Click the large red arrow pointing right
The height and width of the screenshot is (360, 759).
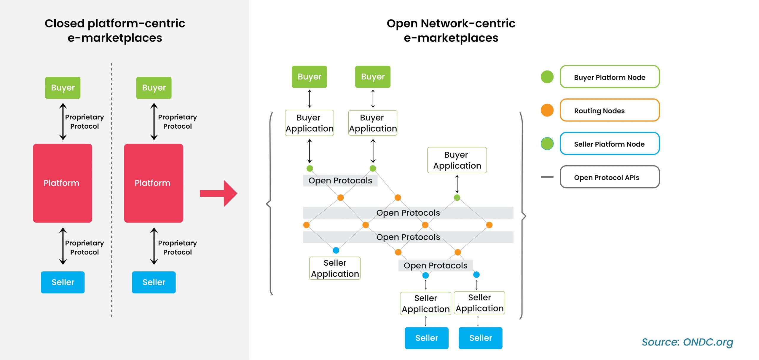(x=219, y=193)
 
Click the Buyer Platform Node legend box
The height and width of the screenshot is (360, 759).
(x=609, y=77)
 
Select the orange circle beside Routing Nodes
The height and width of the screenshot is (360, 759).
(x=547, y=110)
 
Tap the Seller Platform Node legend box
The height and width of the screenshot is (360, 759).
(x=609, y=144)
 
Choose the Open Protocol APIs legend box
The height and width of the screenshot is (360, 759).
(x=609, y=177)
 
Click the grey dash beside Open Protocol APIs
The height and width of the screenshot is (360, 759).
(x=547, y=177)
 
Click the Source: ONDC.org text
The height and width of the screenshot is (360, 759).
(x=687, y=342)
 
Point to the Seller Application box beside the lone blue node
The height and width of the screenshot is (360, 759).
(x=335, y=268)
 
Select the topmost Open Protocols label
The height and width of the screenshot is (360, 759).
(x=340, y=180)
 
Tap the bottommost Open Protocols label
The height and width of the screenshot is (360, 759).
(x=435, y=265)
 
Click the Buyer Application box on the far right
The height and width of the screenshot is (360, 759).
(x=457, y=160)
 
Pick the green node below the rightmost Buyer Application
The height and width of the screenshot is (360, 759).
(x=457, y=198)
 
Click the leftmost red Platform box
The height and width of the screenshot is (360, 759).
(x=63, y=183)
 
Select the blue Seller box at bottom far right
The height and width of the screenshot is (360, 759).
(x=480, y=338)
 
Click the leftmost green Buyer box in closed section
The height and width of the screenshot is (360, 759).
(x=63, y=88)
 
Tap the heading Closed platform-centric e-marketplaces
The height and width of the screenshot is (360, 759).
(x=115, y=31)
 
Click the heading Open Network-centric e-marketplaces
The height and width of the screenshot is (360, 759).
(x=451, y=31)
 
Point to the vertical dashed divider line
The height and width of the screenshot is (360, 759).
(x=112, y=190)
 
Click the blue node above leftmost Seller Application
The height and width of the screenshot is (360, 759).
(x=336, y=250)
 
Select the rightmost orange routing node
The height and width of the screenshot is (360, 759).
(x=489, y=225)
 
